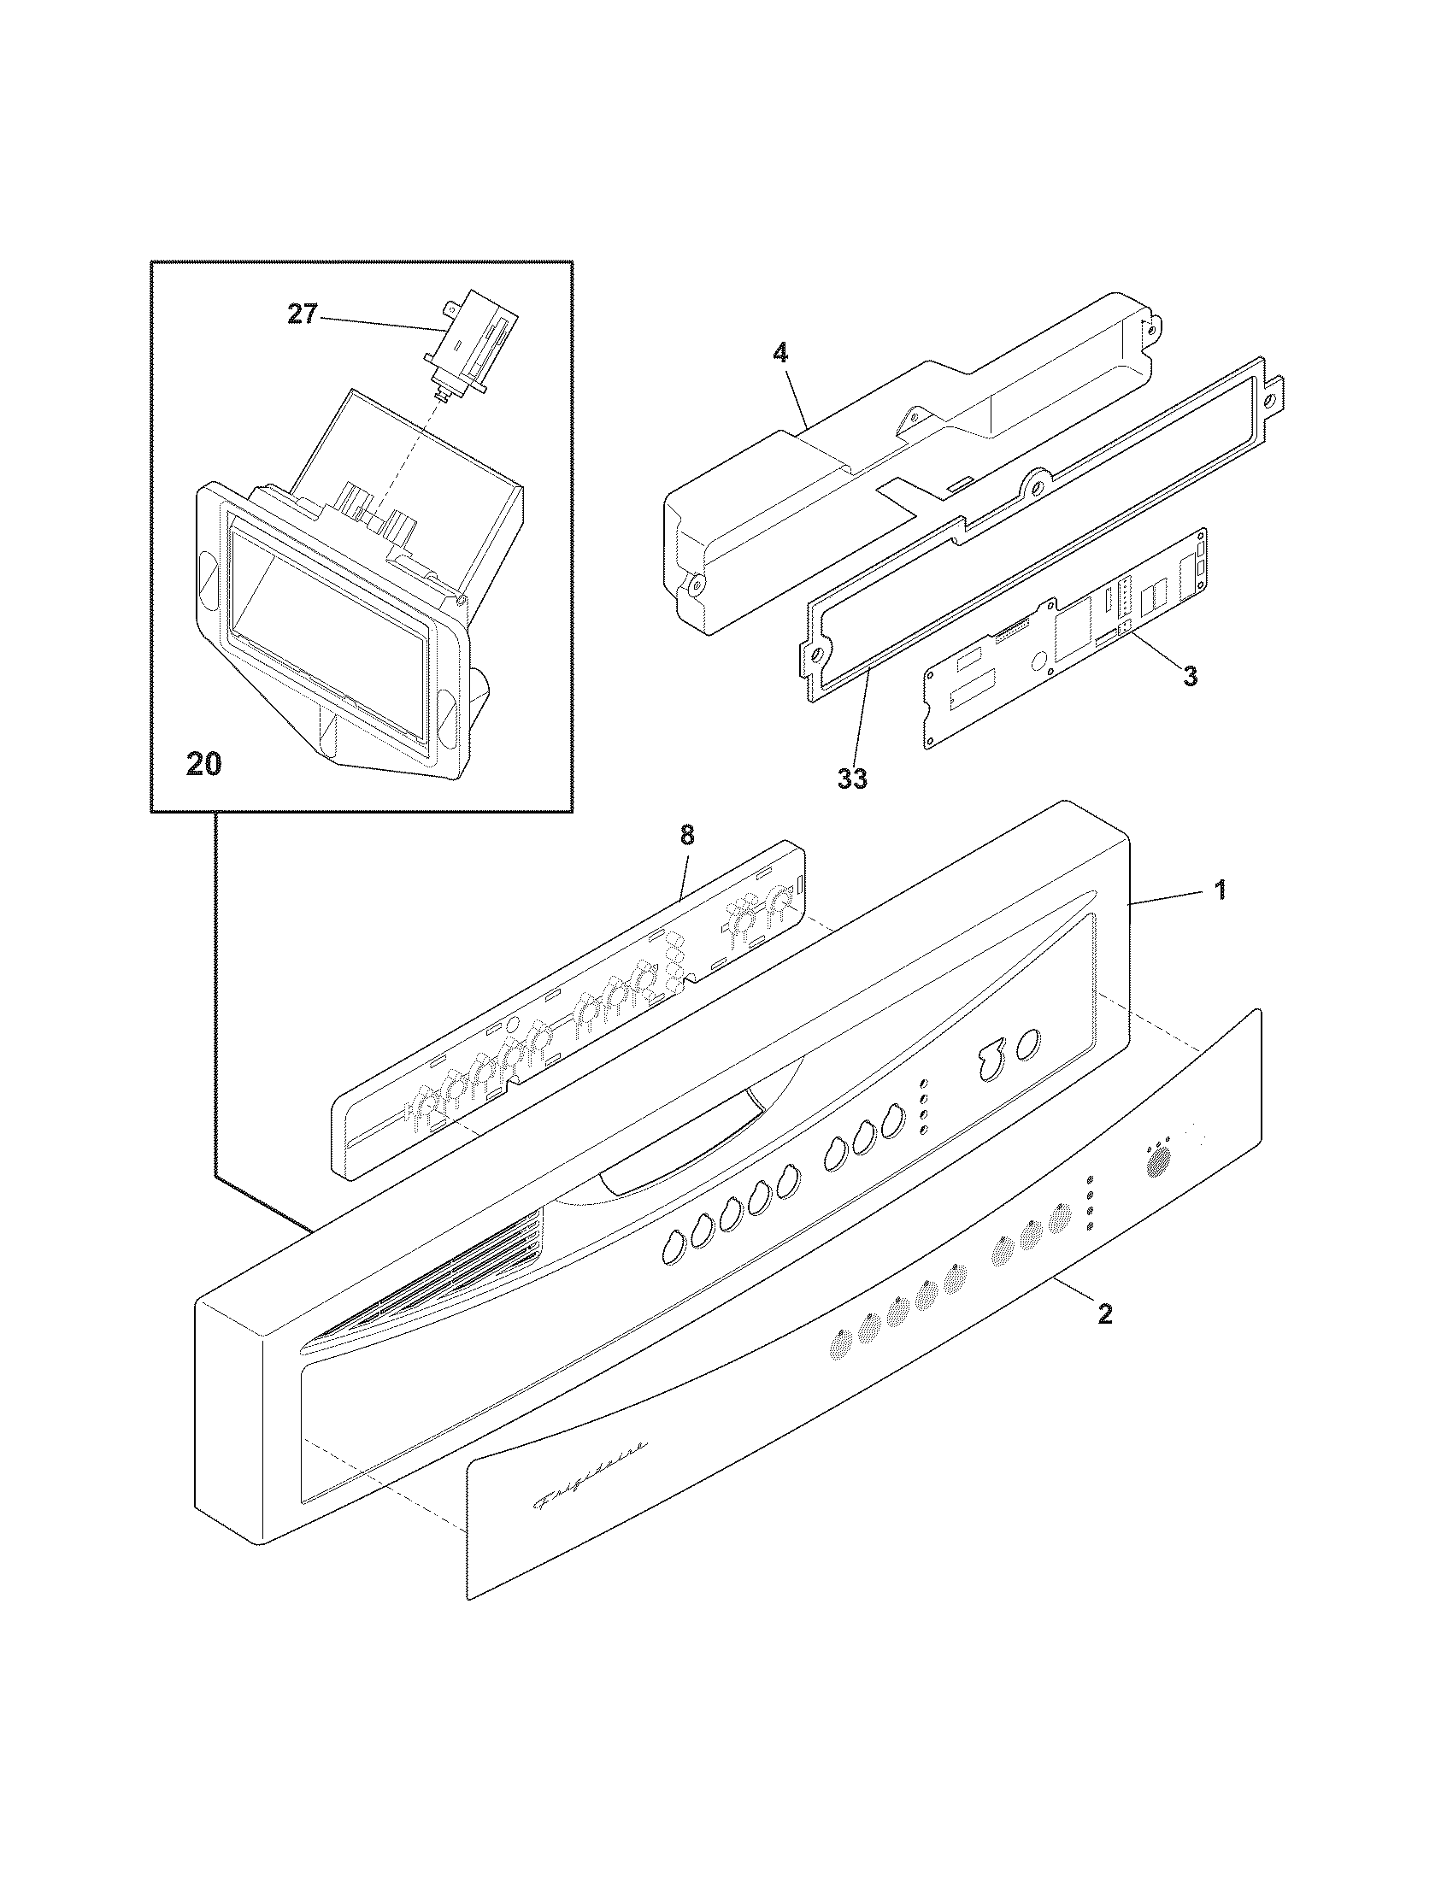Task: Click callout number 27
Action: (x=302, y=315)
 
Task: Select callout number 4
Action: (x=779, y=353)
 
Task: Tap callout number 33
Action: (x=853, y=779)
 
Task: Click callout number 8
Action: (x=686, y=836)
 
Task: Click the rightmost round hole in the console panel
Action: (x=1027, y=1046)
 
